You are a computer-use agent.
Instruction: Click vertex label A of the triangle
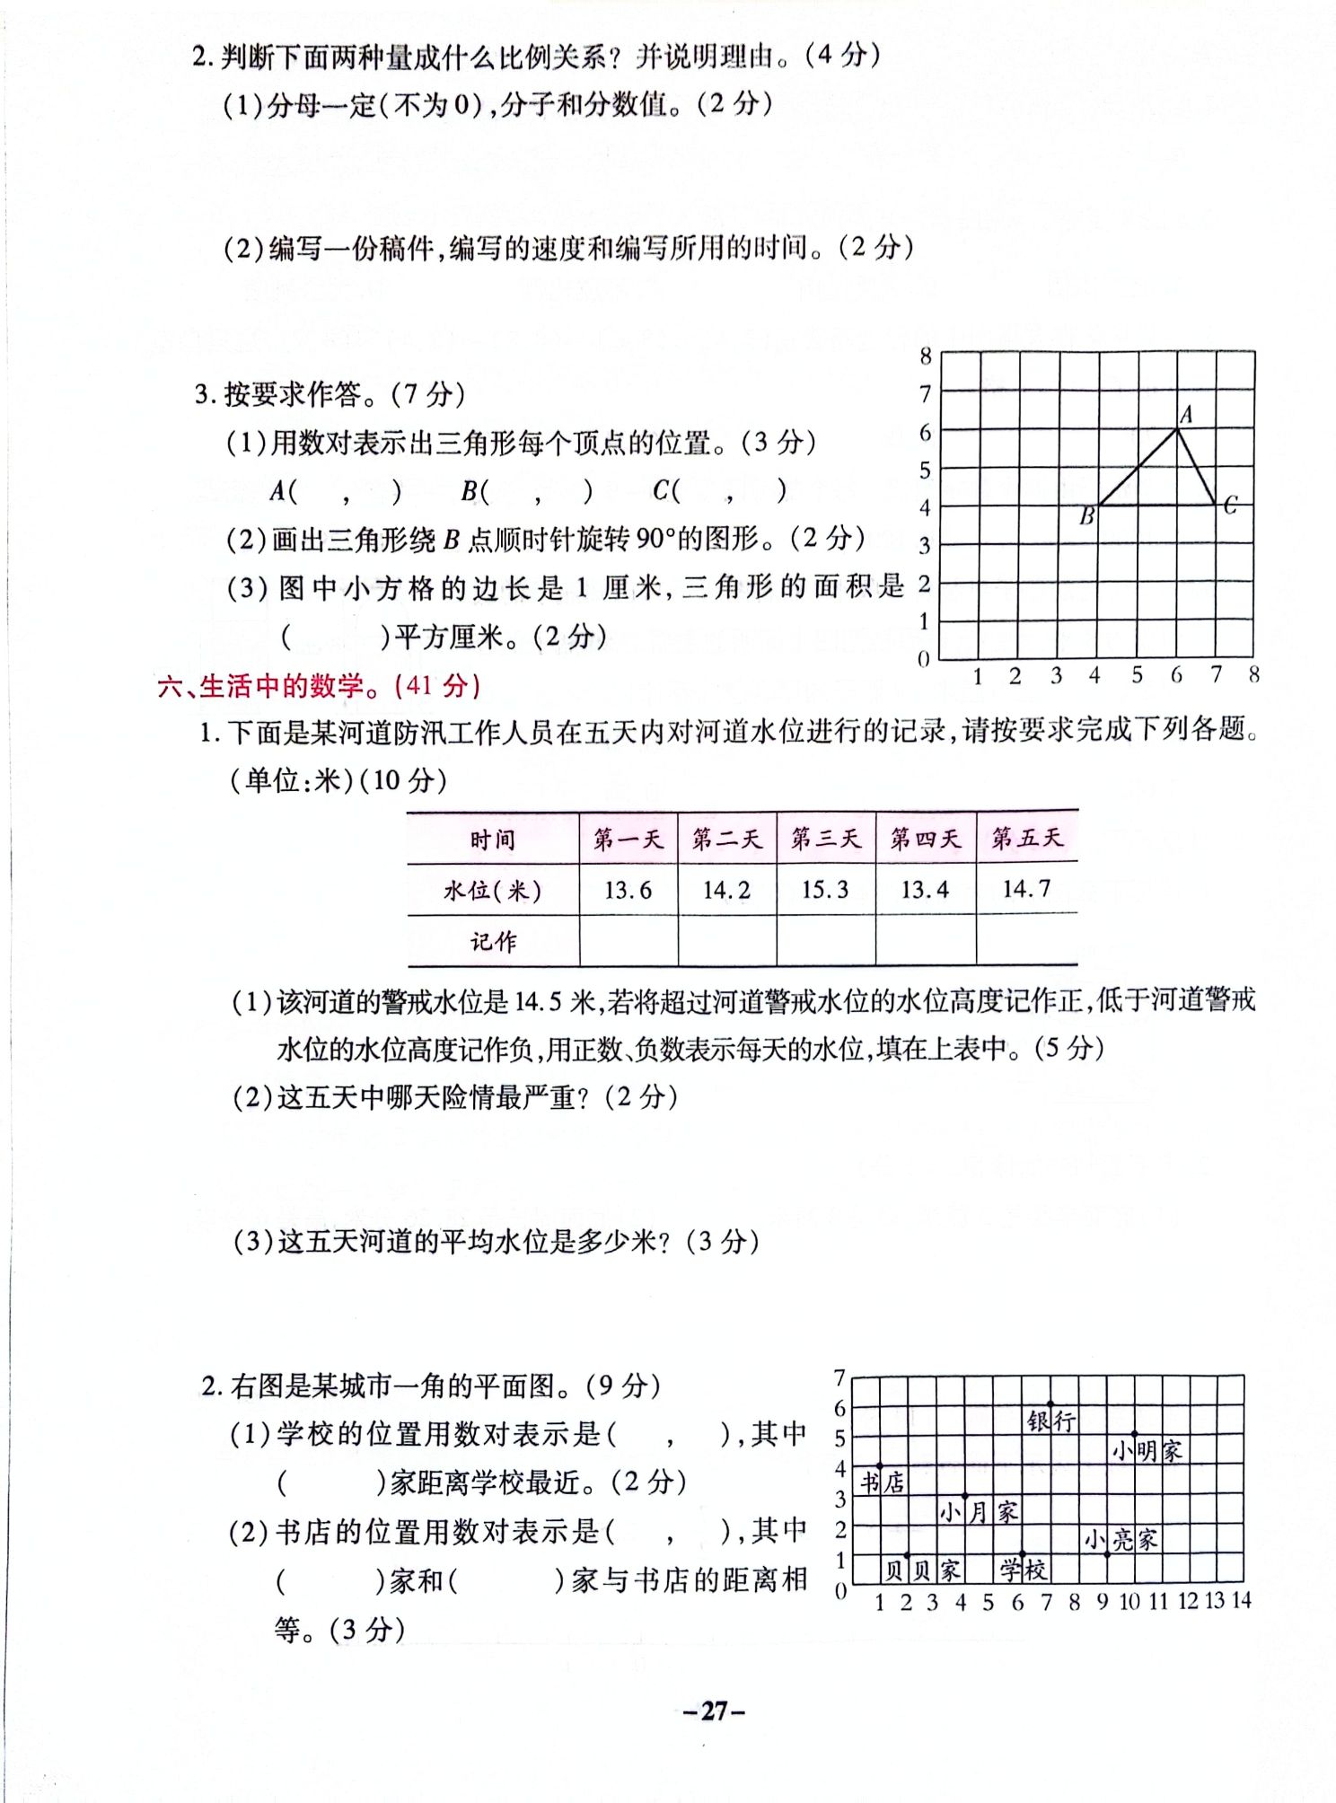click(x=1186, y=415)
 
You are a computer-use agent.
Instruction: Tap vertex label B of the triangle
click(x=1086, y=517)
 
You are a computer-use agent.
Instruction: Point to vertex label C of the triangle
click(x=1230, y=506)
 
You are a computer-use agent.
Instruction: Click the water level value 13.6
click(x=628, y=891)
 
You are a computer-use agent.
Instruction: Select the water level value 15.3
click(x=825, y=890)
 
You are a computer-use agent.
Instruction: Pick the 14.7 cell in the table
click(x=1026, y=889)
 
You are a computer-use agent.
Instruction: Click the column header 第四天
click(x=925, y=839)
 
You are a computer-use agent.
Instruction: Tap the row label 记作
click(x=493, y=942)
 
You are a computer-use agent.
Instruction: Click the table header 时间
click(x=492, y=840)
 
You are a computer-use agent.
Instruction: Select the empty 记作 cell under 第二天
click(x=727, y=941)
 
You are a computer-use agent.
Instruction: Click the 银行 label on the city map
click(x=1051, y=1421)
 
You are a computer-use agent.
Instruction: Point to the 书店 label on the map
click(x=883, y=1482)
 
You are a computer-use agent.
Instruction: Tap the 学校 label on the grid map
click(x=1024, y=1570)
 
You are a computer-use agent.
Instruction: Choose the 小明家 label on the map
click(x=1147, y=1451)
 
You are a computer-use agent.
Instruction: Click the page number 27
click(x=714, y=1711)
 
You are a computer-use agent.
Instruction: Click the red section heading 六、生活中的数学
click(x=319, y=687)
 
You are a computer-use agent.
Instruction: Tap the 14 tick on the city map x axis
click(x=1241, y=1600)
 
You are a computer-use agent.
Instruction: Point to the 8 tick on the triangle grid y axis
click(x=926, y=356)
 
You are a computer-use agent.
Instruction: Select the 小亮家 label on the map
click(x=1120, y=1541)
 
